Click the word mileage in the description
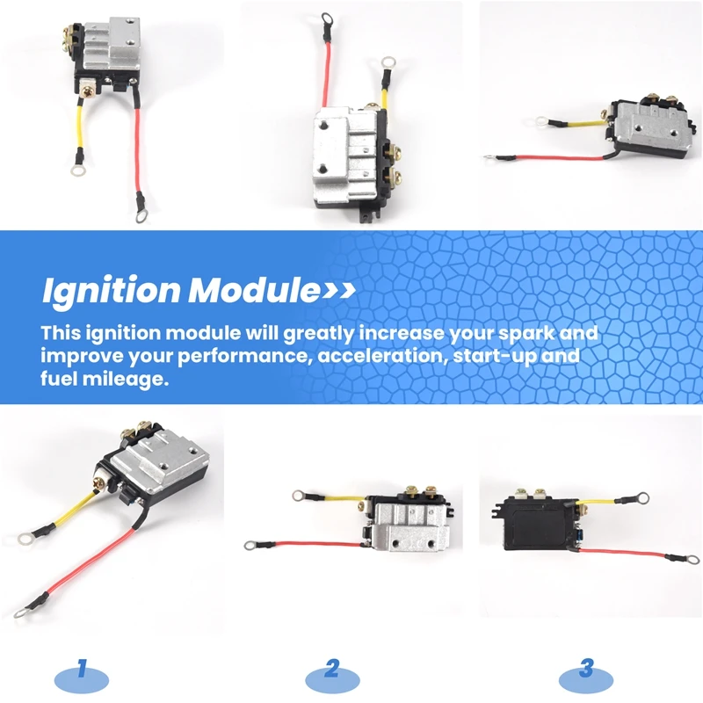(x=127, y=381)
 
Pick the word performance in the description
(x=237, y=358)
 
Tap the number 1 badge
(x=82, y=670)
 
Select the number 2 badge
(x=332, y=670)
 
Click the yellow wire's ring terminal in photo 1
(x=25, y=532)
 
